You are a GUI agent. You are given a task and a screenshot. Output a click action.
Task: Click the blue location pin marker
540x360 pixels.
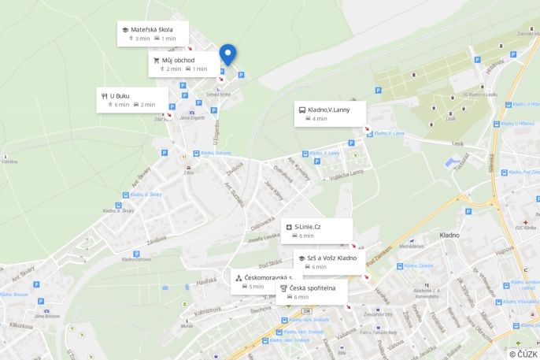pos(227,54)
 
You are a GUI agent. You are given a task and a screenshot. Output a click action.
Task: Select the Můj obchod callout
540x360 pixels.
pos(183,64)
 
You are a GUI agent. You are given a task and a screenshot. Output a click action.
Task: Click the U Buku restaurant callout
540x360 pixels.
pos(131,99)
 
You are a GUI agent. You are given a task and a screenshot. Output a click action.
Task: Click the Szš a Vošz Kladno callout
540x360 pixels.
pos(329,262)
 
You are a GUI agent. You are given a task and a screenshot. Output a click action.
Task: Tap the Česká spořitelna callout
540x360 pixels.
pos(312,291)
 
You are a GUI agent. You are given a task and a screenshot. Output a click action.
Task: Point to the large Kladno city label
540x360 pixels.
pos(449,234)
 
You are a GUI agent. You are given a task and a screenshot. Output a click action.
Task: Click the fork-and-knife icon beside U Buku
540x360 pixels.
pos(104,95)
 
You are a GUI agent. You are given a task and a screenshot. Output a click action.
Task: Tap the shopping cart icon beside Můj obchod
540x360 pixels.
pos(156,60)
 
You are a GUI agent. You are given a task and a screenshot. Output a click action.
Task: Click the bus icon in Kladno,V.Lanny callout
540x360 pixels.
pos(302,109)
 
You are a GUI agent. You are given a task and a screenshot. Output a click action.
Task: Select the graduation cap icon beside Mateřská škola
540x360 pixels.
pos(124,30)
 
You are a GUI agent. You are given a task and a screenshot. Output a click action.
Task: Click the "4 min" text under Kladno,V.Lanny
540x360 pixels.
pos(319,119)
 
